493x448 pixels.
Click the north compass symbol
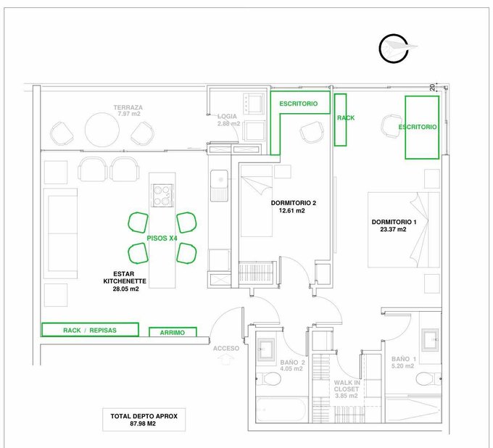[x=394, y=48]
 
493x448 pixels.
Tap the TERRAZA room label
[x=128, y=107]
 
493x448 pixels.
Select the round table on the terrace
[x=102, y=129]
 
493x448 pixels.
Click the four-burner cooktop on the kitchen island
[x=162, y=195]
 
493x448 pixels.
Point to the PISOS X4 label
[x=162, y=238]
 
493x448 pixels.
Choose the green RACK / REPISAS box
[x=90, y=330]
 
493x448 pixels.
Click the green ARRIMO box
[x=173, y=332]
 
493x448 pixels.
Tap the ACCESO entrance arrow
[x=225, y=359]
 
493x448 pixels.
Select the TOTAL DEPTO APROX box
[x=144, y=420]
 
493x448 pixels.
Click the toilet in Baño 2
[x=269, y=378]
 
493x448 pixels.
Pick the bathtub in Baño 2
[x=281, y=410]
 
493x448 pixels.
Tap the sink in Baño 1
[x=430, y=339]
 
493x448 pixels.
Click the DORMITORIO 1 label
[x=394, y=222]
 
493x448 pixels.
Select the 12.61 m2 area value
[x=291, y=211]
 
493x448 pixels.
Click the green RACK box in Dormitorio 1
[x=341, y=120]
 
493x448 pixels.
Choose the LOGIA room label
[x=227, y=116]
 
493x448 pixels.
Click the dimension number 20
[x=433, y=88]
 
